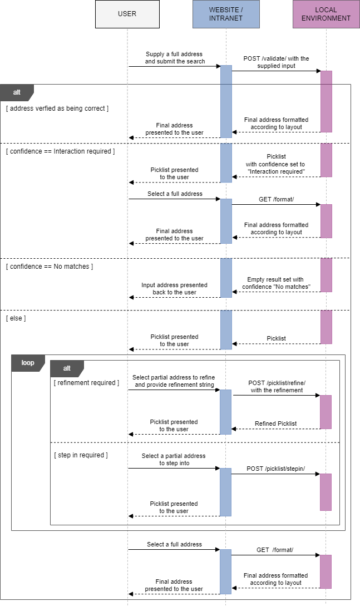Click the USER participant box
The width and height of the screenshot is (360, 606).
point(127,14)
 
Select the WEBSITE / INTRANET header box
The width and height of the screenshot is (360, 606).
point(226,14)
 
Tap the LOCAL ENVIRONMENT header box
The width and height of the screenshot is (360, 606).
point(326,14)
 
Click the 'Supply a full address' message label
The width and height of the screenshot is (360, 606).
point(175,58)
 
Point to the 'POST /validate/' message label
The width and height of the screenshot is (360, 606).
point(276,62)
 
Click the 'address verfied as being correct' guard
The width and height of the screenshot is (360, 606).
point(57,109)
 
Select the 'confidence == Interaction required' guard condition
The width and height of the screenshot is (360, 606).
point(60,151)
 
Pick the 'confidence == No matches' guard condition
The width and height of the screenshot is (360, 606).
point(50,267)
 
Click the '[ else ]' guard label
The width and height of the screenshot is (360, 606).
point(16,318)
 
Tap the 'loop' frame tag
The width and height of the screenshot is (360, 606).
point(27,363)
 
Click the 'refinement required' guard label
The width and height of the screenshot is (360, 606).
point(86,383)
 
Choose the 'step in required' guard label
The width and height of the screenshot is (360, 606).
point(81,455)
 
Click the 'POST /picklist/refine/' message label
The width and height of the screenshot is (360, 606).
point(277,387)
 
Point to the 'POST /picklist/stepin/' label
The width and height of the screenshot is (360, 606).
point(275,469)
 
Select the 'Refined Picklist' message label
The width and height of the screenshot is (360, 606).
point(275,423)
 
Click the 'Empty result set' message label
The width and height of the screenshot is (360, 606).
point(276,283)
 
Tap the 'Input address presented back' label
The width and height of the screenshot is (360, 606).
point(174,288)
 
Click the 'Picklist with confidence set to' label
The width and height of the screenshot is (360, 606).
point(276,164)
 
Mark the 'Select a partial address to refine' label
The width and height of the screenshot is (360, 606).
point(174,381)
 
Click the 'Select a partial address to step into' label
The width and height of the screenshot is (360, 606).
point(174,459)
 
